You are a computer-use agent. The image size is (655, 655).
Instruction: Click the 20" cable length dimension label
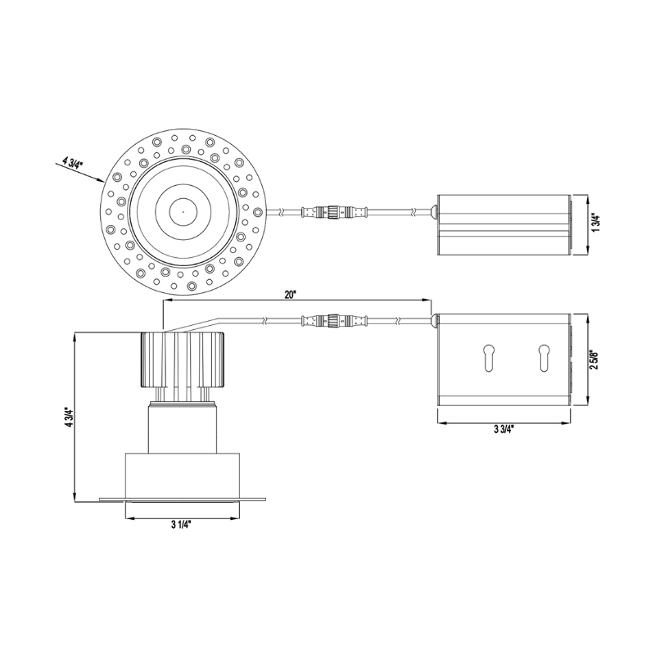point(291,296)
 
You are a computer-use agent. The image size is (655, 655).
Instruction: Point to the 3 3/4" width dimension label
point(503,431)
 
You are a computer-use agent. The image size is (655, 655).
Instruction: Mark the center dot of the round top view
point(182,212)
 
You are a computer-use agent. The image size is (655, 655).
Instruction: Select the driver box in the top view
point(503,224)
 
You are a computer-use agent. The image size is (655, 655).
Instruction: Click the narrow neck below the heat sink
point(182,426)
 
